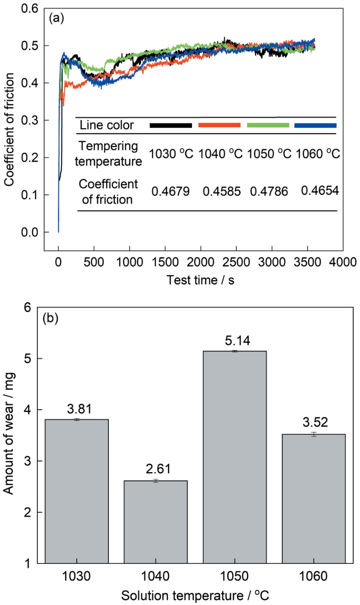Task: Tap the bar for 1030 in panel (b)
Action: point(77,491)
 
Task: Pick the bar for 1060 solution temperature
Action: point(314,499)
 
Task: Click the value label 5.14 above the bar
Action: point(238,341)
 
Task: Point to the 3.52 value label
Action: point(315,422)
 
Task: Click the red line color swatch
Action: point(219,125)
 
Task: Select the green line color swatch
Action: point(268,125)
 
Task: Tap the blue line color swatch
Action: point(316,125)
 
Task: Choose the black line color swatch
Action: point(171,125)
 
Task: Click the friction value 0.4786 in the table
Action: point(269,191)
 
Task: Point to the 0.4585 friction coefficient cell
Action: point(222,191)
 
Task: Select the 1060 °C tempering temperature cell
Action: point(318,153)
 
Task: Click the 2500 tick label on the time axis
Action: point(237,262)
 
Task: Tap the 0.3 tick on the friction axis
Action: point(29,120)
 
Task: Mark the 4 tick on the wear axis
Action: point(28,410)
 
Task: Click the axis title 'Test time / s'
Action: point(200,280)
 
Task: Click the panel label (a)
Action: point(57,18)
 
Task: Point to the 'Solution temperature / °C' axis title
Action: point(195,595)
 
